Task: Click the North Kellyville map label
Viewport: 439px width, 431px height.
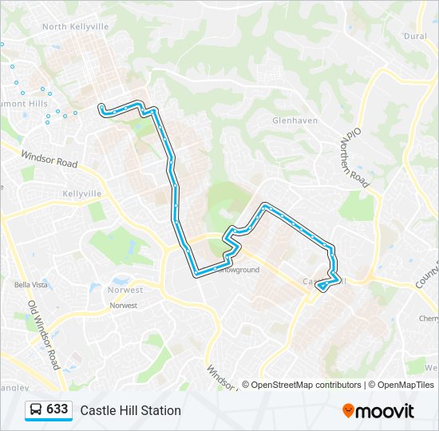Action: point(75,26)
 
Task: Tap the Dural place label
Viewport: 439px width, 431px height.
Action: point(415,36)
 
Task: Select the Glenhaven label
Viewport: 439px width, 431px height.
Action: point(295,121)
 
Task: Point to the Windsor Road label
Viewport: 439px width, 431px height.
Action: point(49,160)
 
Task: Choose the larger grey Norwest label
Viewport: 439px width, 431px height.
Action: point(125,290)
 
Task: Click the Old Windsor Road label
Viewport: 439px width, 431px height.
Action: point(43,334)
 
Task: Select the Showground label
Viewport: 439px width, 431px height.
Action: point(239,271)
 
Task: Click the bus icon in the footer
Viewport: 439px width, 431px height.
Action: point(36,410)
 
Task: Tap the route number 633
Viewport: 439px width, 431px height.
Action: point(57,409)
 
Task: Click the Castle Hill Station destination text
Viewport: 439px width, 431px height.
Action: point(130,410)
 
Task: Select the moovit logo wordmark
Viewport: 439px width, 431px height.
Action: point(386,411)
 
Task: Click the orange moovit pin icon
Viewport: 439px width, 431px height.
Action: point(348,411)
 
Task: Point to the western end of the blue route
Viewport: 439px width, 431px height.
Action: point(101,106)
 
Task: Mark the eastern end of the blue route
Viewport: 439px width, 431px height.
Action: point(318,284)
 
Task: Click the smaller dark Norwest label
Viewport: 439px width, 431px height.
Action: point(123,306)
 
